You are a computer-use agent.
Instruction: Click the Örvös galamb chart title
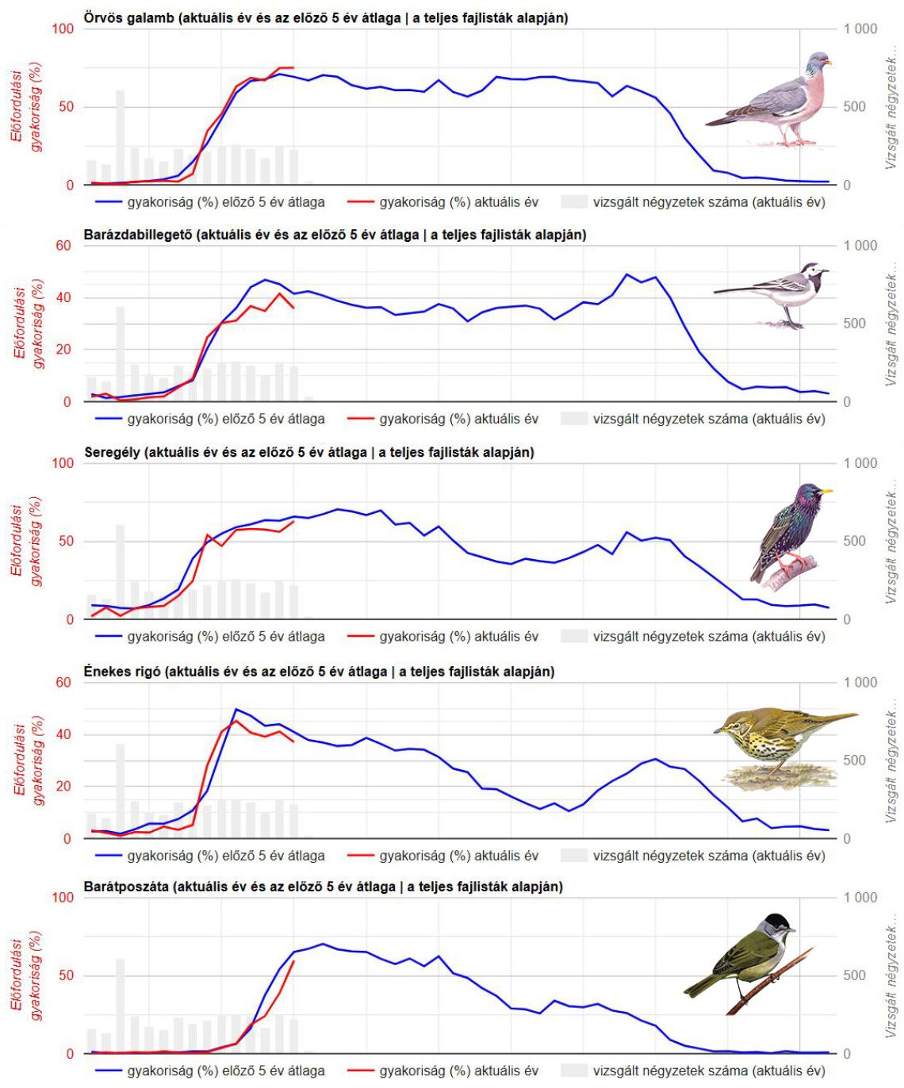[325, 17]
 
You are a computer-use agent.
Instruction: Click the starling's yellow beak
[827, 491]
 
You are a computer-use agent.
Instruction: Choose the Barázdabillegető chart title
[335, 235]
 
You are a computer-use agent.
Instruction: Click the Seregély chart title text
[308, 452]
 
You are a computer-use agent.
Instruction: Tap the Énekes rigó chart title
[319, 672]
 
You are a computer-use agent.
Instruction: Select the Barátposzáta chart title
[323, 886]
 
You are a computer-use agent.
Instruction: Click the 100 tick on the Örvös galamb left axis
[63, 29]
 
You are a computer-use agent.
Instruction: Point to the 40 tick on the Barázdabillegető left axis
[63, 298]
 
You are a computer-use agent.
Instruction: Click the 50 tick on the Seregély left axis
[63, 541]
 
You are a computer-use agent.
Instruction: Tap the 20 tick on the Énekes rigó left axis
[63, 787]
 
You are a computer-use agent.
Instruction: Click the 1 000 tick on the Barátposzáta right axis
[860, 898]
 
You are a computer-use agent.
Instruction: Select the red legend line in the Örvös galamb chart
[361, 202]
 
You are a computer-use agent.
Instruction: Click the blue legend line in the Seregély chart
[109, 636]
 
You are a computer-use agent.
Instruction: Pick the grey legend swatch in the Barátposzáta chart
[573, 1071]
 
